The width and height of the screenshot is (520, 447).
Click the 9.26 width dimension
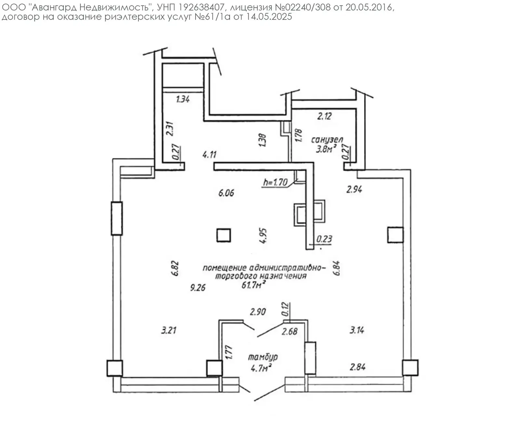[198, 287]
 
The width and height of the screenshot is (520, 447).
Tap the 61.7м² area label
[253, 285]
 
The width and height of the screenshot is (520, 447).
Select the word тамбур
[263, 357]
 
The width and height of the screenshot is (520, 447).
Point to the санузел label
[327, 139]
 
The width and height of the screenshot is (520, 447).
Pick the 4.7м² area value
[261, 368]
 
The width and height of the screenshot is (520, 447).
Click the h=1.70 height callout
[275, 182]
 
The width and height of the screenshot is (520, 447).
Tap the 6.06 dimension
[226, 193]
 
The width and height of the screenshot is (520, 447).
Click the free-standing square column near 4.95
[224, 235]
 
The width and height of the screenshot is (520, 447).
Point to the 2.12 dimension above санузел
[324, 116]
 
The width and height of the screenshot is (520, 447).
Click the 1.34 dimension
[183, 99]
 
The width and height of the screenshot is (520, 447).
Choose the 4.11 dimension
[209, 154]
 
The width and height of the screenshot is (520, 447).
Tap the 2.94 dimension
[354, 189]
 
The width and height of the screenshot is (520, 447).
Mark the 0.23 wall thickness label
[324, 239]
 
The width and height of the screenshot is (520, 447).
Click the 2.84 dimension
[357, 367]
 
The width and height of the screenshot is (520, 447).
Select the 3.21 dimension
[169, 330]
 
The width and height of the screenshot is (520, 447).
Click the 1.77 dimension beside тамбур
[229, 352]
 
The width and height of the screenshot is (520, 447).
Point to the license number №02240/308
[306, 7]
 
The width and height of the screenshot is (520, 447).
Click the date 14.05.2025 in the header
[269, 17]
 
